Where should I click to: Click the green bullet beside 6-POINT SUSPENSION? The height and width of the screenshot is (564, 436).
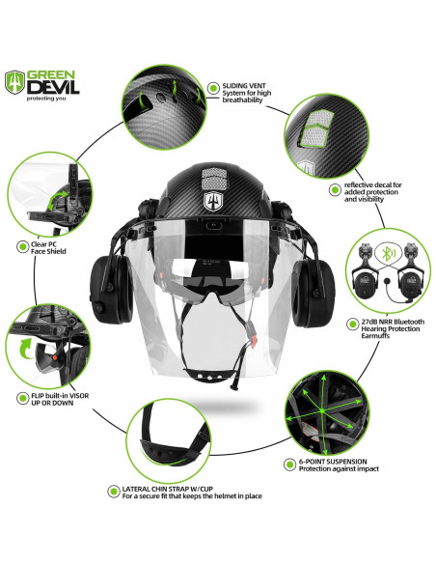point(290,464)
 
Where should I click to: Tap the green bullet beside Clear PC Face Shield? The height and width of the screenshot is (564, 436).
point(21,245)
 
